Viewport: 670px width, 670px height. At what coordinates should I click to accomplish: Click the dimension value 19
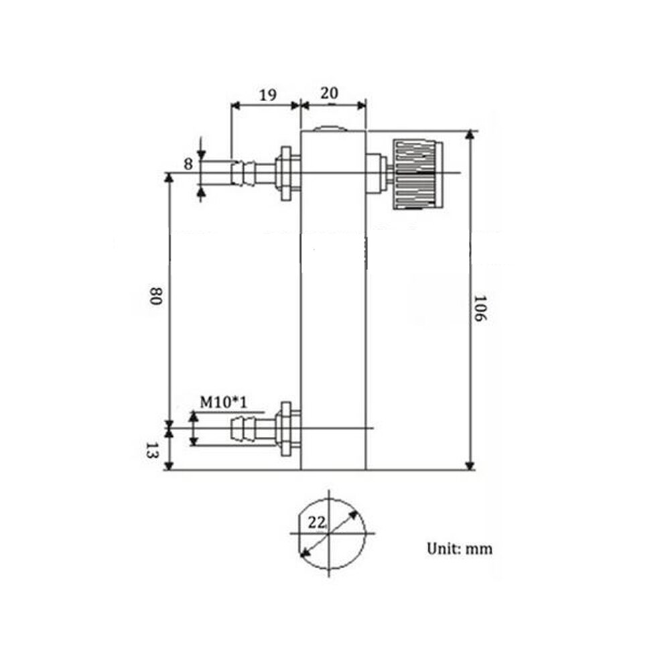click(x=267, y=94)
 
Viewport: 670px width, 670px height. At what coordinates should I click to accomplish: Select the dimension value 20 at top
click(x=329, y=93)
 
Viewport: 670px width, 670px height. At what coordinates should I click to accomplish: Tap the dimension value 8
click(x=188, y=163)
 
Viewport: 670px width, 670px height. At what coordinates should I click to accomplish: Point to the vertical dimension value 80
click(x=155, y=297)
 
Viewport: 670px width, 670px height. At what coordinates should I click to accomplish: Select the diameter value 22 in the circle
click(x=316, y=521)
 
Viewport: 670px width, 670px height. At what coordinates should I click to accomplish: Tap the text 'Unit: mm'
click(x=460, y=549)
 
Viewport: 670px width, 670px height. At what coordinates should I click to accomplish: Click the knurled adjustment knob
click(x=417, y=174)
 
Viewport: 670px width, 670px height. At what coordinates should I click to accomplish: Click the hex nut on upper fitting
click(x=286, y=173)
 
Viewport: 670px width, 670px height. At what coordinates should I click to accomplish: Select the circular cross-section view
click(x=329, y=533)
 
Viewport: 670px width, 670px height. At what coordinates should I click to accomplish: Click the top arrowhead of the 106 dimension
click(x=470, y=135)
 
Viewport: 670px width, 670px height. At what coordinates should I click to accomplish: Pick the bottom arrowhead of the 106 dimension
click(x=470, y=464)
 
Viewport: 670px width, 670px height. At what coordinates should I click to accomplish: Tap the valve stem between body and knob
click(x=378, y=174)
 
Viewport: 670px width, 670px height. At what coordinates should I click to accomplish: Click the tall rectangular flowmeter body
click(x=333, y=301)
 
